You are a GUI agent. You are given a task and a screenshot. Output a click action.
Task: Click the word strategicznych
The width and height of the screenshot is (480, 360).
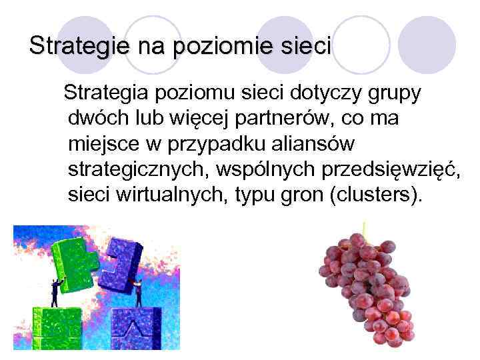point(137,169)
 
